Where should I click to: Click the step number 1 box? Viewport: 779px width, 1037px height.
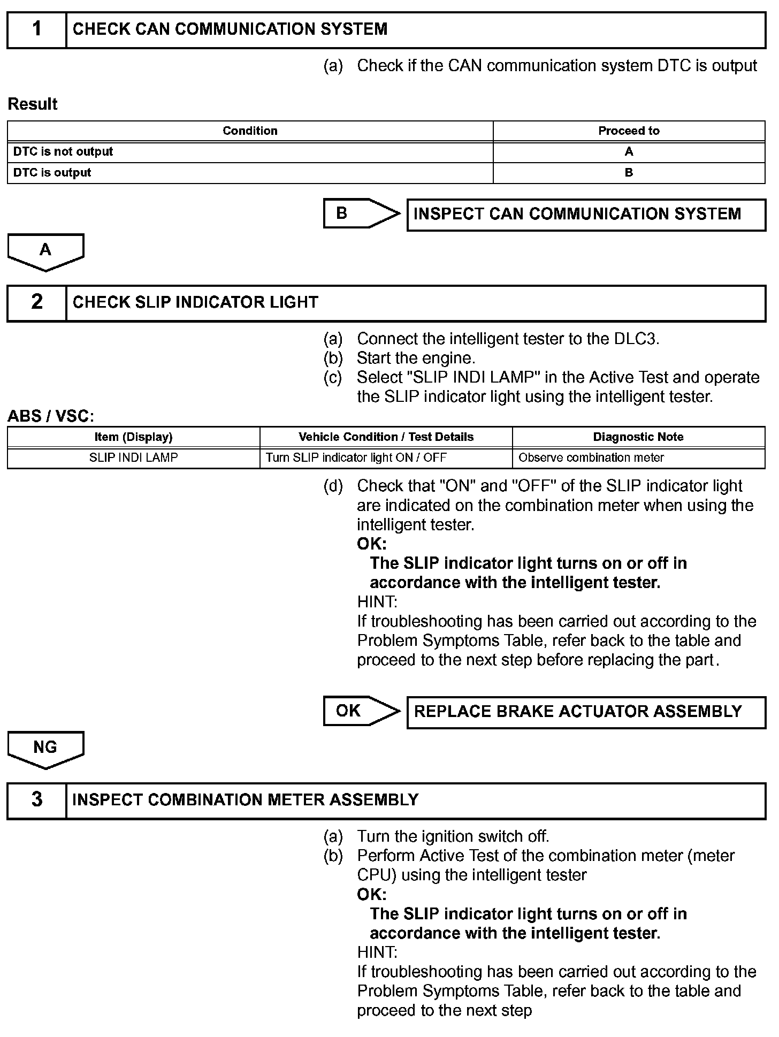click(36, 30)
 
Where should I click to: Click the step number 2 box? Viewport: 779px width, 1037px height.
click(36, 303)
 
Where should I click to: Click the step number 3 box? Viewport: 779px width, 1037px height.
click(36, 800)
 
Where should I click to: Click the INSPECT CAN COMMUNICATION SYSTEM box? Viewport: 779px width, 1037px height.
click(586, 215)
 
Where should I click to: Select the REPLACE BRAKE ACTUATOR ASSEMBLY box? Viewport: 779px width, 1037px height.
click(586, 712)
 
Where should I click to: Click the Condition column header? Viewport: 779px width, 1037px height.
click(250, 131)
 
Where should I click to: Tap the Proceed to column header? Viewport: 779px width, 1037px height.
click(629, 131)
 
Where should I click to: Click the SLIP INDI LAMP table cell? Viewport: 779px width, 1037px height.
click(133, 458)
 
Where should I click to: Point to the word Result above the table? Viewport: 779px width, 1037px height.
click(33, 104)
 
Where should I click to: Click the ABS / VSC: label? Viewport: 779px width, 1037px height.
click(51, 416)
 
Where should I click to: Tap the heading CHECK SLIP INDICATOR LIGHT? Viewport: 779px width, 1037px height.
click(195, 303)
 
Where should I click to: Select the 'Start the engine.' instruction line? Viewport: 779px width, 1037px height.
click(416, 359)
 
